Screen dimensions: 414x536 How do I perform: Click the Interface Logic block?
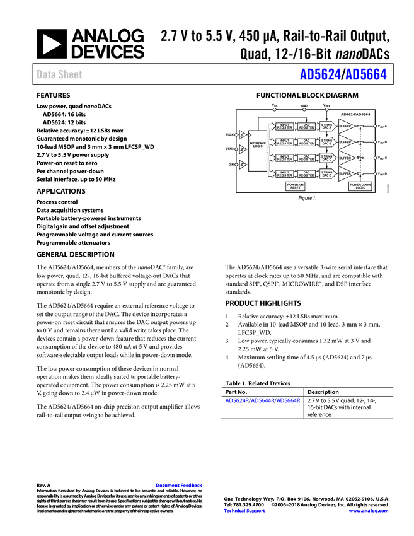(x=258, y=150)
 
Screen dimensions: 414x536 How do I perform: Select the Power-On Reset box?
(x=295, y=187)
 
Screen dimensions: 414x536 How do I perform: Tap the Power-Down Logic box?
(x=360, y=187)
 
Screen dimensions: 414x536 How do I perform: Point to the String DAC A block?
(x=326, y=127)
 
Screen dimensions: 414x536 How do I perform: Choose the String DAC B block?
(x=326, y=143)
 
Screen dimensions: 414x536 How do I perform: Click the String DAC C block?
(x=326, y=158)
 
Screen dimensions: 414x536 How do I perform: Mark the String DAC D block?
(x=326, y=173)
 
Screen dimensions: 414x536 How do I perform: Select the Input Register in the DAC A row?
(x=285, y=127)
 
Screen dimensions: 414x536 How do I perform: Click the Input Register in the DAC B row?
(x=285, y=143)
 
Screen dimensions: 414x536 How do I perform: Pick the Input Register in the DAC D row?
(x=285, y=173)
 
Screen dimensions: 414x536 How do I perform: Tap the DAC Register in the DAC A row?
(x=306, y=127)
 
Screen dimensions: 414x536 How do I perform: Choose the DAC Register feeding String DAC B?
(x=306, y=143)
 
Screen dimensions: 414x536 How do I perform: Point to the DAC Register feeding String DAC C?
(x=306, y=158)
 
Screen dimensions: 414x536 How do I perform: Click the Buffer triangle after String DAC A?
(x=345, y=127)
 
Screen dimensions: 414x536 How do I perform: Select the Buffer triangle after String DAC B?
(x=345, y=143)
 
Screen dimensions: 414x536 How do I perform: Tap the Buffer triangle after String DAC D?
(x=345, y=173)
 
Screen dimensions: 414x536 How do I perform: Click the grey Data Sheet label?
(x=60, y=74)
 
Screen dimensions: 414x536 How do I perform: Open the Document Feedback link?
(x=180, y=486)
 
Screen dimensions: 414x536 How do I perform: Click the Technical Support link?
(x=244, y=511)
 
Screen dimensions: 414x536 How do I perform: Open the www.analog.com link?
(x=369, y=511)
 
